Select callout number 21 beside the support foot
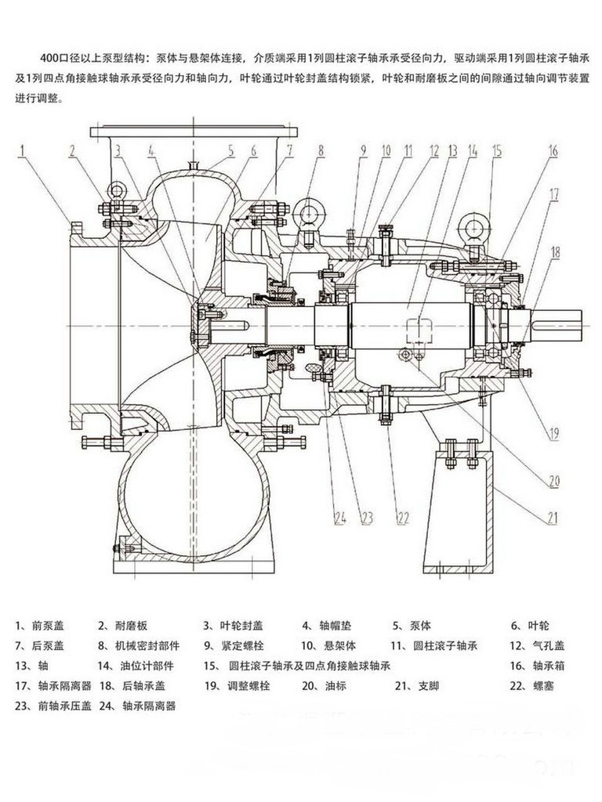coord(554,517)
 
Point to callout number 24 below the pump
coord(339,517)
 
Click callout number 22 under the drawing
coord(403,517)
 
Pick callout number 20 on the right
coord(554,481)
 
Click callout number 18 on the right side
coord(556,251)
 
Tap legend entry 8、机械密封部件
coord(139,646)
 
